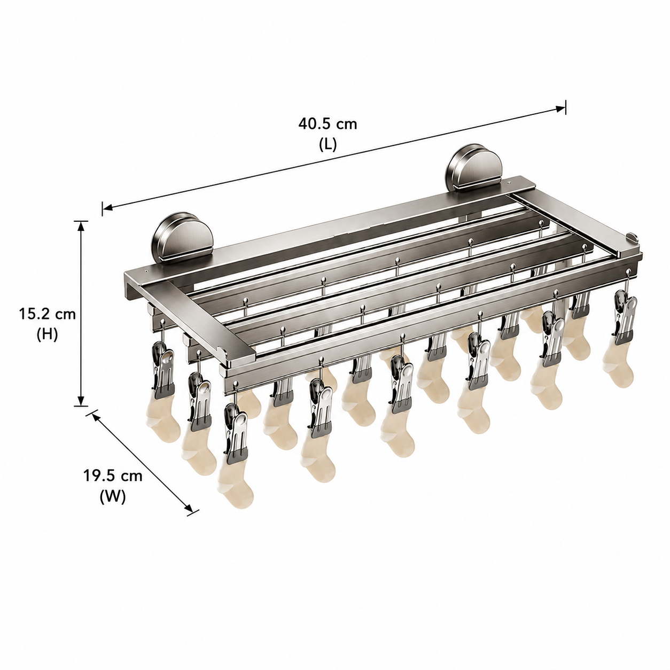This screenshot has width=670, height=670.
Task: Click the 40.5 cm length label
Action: pyautogui.click(x=328, y=124)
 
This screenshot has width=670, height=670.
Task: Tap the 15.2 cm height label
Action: pyautogui.click(x=48, y=314)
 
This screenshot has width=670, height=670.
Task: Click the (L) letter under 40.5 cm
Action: pyautogui.click(x=328, y=145)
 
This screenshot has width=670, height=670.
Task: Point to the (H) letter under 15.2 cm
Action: pyautogui.click(x=48, y=335)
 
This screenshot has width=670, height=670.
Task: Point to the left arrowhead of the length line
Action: pyautogui.click(x=107, y=208)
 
